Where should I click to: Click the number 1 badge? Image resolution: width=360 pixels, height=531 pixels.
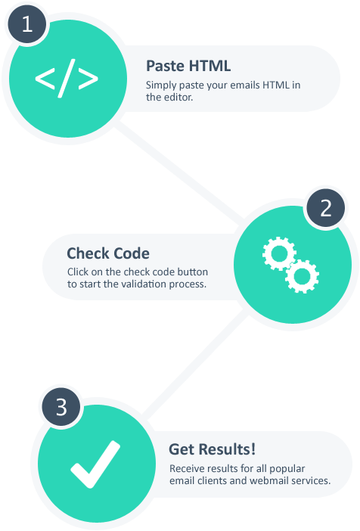click(27, 24)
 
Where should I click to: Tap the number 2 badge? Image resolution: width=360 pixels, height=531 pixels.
click(325, 208)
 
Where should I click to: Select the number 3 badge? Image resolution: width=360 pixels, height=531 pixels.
click(61, 407)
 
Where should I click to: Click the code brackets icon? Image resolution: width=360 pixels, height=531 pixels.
click(67, 79)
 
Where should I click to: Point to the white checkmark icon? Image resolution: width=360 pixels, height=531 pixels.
click(95, 464)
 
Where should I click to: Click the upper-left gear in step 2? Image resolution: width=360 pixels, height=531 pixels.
click(279, 253)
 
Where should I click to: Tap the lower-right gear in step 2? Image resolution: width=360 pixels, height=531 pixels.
click(302, 276)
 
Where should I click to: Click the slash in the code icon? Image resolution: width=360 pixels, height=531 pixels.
click(67, 79)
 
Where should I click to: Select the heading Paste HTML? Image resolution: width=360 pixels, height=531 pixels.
click(188, 66)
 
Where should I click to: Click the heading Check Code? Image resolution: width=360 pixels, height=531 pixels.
click(108, 253)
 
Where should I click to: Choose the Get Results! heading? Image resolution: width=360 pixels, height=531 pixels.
click(212, 449)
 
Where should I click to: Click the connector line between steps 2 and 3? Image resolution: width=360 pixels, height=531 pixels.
click(194, 364)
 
